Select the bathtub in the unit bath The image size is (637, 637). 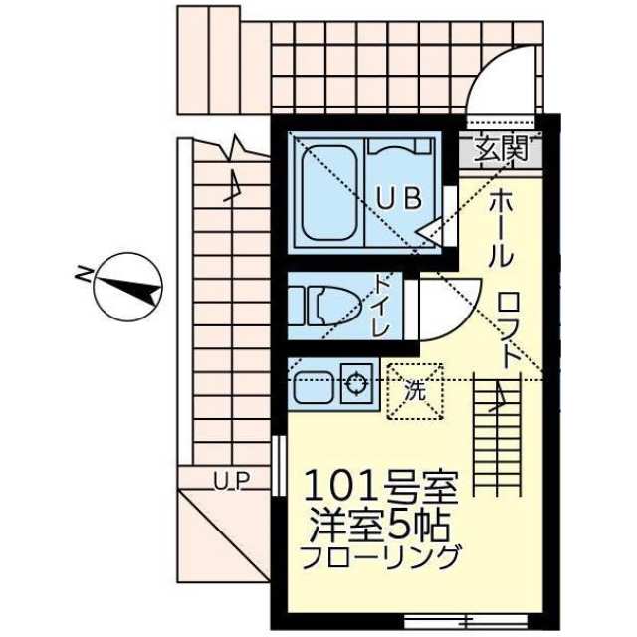click(x=328, y=194)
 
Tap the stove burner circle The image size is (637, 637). click(x=354, y=379)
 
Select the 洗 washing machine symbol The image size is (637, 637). click(x=414, y=390)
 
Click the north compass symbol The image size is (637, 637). click(x=127, y=288)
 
